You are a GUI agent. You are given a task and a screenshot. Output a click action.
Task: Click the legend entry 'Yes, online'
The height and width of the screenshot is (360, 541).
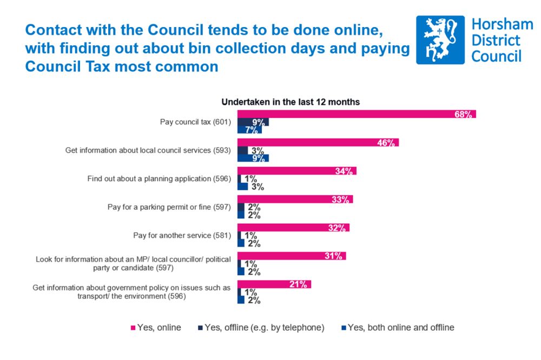pyautogui.click(x=157, y=328)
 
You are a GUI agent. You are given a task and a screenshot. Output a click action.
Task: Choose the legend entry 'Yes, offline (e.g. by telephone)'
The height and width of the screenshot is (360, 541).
pyautogui.click(x=262, y=328)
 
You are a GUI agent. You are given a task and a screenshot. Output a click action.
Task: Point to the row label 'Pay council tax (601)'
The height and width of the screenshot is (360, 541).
pyautogui.click(x=195, y=122)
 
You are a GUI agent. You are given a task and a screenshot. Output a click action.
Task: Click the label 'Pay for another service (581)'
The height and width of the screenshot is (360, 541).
pyautogui.click(x=182, y=236)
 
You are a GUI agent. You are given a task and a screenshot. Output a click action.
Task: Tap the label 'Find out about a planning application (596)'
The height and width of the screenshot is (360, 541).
pyautogui.click(x=160, y=179)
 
